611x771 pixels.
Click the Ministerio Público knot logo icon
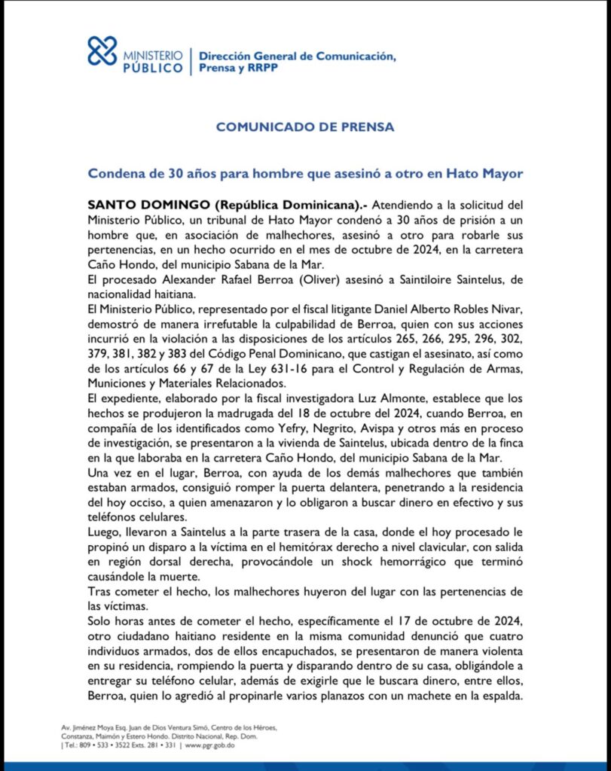(102, 51)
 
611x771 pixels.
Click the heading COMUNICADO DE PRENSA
(305, 127)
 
